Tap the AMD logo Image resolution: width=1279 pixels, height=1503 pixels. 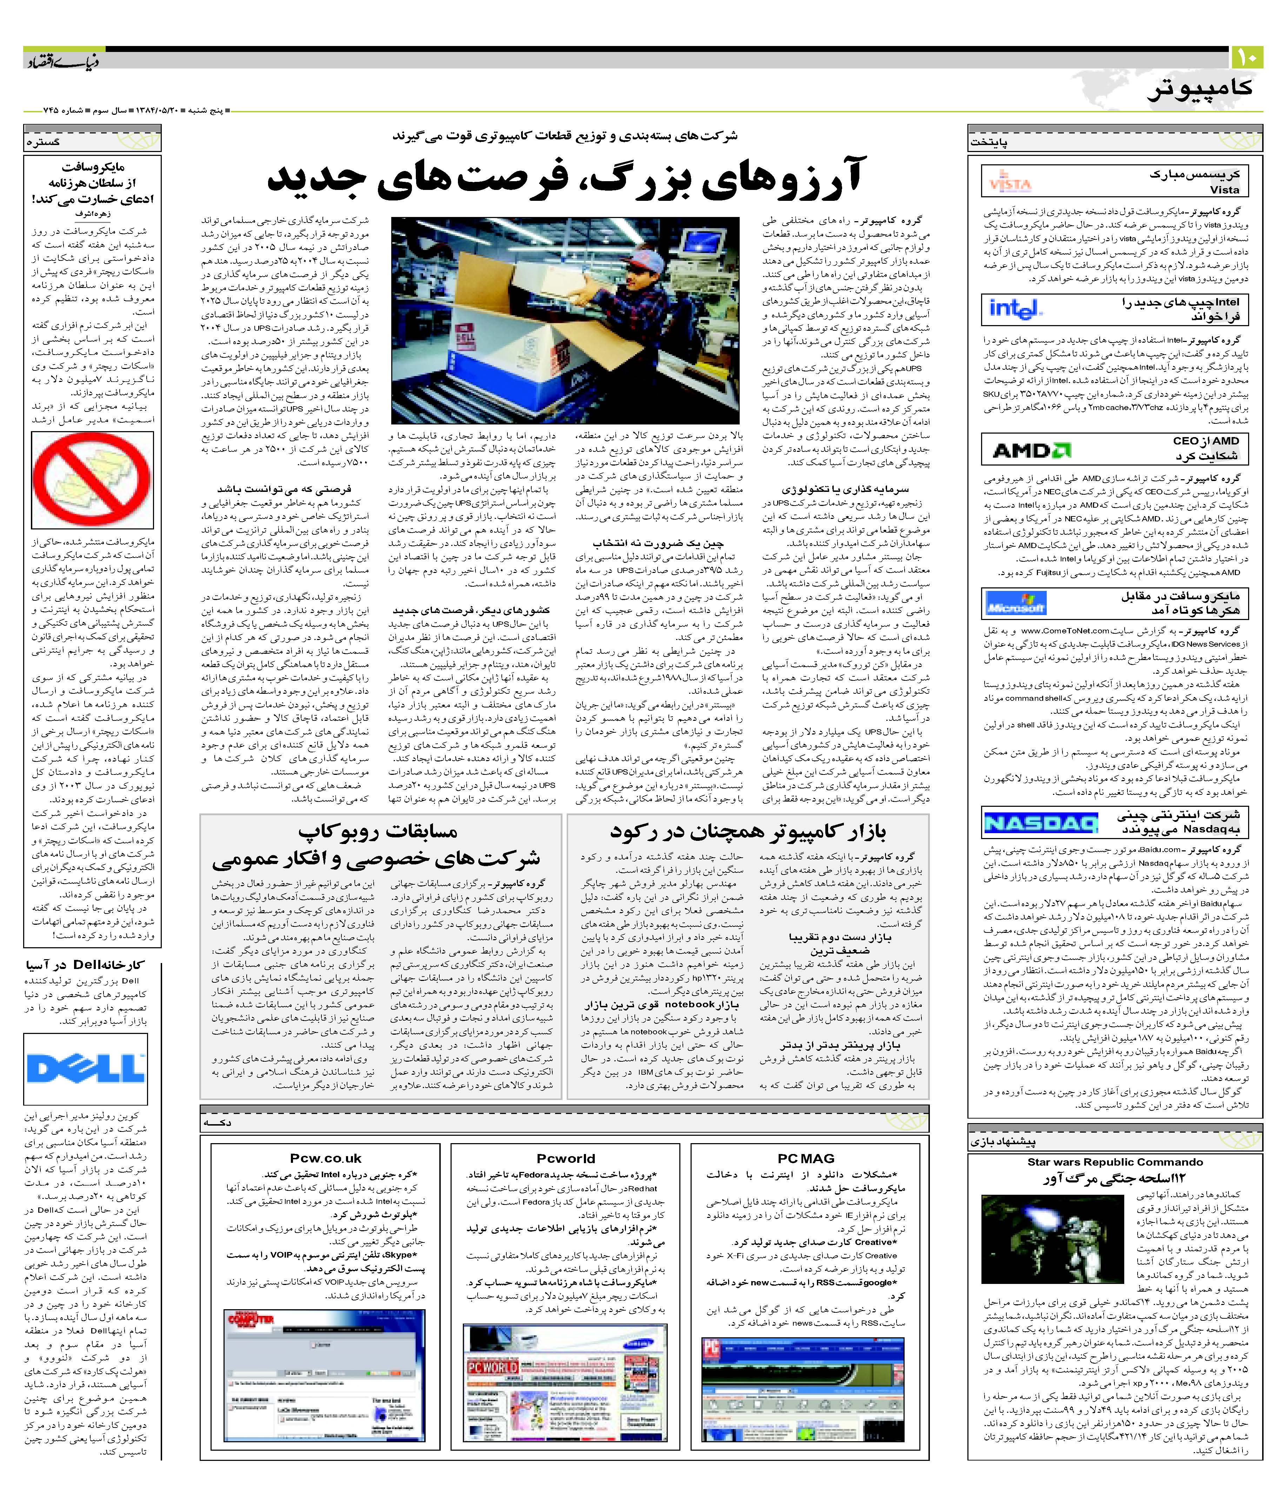(x=1031, y=450)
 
